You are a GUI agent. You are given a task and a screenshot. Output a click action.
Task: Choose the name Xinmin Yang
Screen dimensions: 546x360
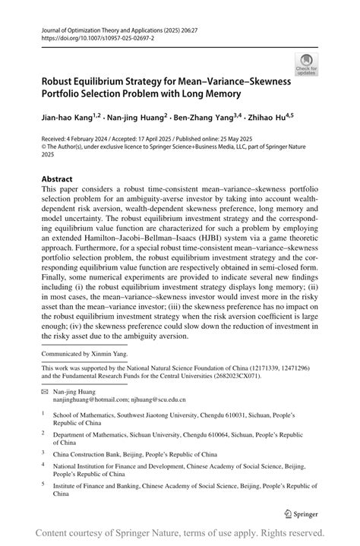pos(110,353)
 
